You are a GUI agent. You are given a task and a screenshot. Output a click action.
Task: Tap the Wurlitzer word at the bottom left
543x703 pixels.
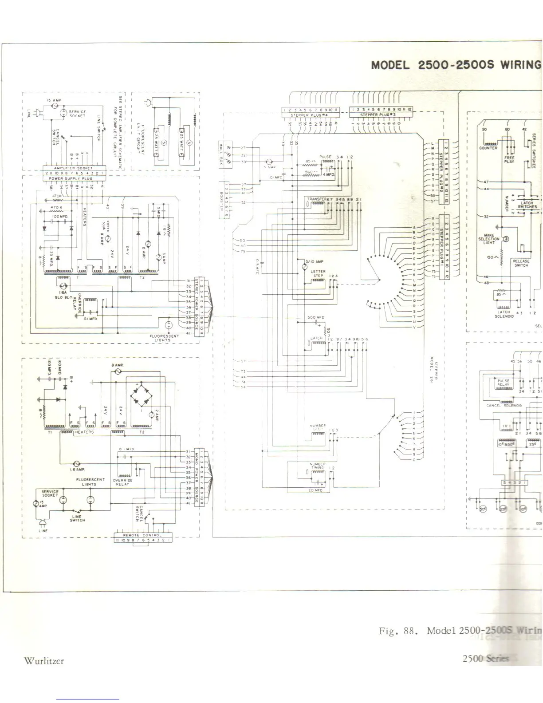(44, 661)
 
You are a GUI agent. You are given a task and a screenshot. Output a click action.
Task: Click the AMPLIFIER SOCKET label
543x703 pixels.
(73, 168)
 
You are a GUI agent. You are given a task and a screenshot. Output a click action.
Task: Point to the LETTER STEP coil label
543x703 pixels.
(319, 273)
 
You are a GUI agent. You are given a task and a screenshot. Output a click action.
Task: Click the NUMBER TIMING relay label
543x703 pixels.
(318, 466)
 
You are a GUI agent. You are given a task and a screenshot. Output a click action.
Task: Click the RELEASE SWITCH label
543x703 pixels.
(521, 263)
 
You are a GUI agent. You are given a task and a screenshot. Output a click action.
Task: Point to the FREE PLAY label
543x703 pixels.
(509, 159)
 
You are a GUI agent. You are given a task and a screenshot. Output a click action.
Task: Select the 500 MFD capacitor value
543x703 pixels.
(316, 317)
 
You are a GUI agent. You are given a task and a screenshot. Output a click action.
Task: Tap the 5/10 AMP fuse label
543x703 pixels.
(314, 262)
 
